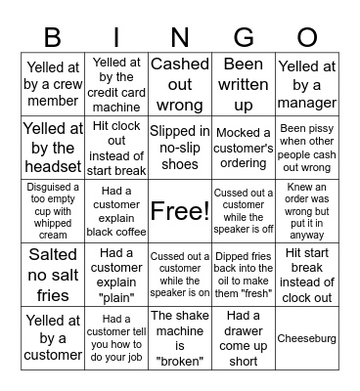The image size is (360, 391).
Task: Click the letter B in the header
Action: click(53, 38)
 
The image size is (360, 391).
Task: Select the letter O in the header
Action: click(306, 38)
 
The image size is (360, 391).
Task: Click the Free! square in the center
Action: click(179, 210)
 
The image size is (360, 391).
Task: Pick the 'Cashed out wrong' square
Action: click(179, 83)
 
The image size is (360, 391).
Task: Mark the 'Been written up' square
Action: click(243, 83)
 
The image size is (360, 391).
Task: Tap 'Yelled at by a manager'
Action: click(306, 83)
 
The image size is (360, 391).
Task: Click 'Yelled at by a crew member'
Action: click(53, 83)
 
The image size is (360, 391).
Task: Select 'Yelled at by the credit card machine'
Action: click(116, 83)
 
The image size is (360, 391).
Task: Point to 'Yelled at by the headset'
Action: click(53, 147)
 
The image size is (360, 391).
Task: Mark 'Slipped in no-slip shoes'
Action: click(179, 147)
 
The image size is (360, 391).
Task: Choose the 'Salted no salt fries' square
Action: click(53, 275)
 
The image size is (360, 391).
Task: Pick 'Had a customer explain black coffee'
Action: click(116, 210)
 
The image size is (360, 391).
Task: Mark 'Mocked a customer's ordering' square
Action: click(243, 147)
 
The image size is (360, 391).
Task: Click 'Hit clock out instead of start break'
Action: click(116, 147)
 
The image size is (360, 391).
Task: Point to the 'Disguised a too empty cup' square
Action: click(53, 210)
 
